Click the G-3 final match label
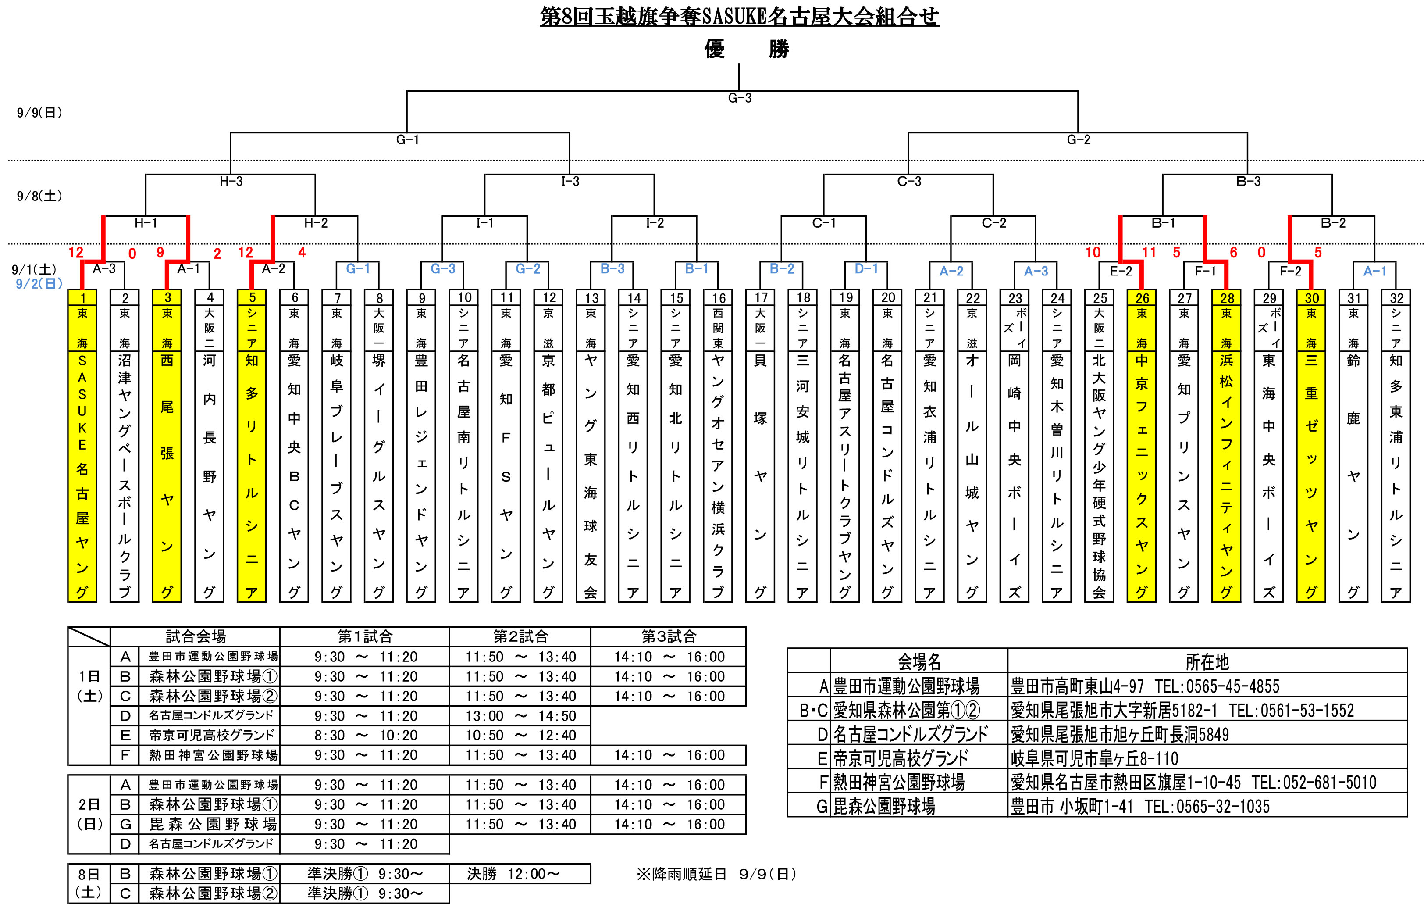[739, 98]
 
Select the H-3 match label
[231, 182]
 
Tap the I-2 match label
[655, 223]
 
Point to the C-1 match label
[824, 223]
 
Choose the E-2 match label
[1121, 271]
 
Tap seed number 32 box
[1396, 297]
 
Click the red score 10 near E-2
[1093, 253]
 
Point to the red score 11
[1148, 253]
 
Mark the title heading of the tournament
[739, 17]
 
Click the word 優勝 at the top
[746, 49]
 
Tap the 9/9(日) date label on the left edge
[39, 112]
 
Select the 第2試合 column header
[520, 636]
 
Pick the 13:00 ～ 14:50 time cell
[520, 716]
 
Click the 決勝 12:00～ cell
[513, 874]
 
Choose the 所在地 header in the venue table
[1207, 661]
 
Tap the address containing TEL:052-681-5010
[1193, 783]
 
